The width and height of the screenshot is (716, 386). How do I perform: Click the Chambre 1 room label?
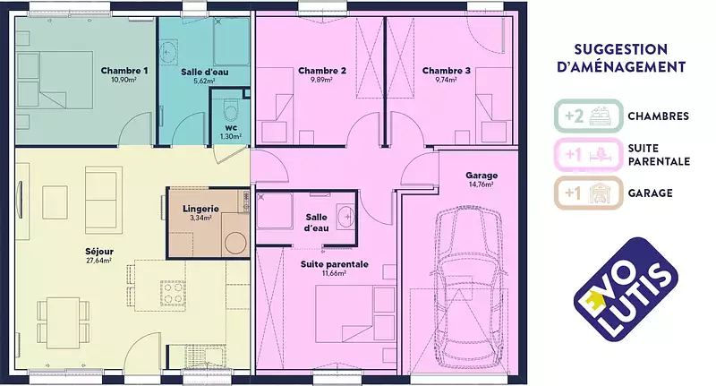[x=124, y=71]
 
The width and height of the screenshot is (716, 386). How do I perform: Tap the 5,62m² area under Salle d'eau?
[x=204, y=81]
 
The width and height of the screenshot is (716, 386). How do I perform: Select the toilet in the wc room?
[x=231, y=108]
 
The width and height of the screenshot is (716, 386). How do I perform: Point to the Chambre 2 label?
[x=322, y=71]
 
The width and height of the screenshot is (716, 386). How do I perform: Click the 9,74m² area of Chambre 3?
[x=446, y=80]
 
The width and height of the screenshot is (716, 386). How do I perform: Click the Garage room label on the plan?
[x=482, y=176]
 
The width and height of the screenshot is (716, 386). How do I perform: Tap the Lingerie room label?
[x=200, y=209]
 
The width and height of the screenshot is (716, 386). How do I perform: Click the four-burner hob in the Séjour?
[x=173, y=293]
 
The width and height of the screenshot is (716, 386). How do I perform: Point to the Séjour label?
[x=99, y=252]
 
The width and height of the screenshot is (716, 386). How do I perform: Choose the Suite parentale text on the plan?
[x=334, y=264]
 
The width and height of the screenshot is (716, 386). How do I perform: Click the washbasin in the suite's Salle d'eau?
[x=345, y=215]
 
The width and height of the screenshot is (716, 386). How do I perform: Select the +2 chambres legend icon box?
[x=589, y=116]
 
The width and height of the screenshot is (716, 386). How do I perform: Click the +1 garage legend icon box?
[x=589, y=193]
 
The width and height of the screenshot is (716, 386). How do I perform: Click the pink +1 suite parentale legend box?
[x=589, y=154]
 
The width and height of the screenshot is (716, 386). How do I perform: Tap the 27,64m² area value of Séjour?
[x=100, y=261]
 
